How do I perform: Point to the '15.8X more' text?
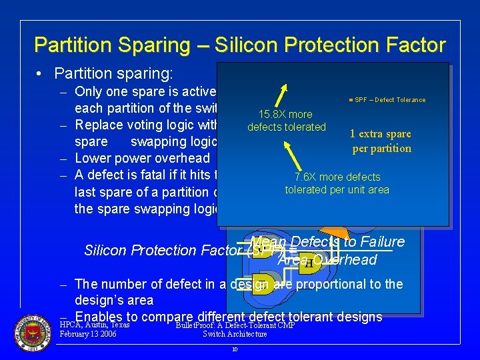pos(286,115)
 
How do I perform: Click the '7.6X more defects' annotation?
pos(337,177)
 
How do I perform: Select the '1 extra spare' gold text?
pos(381,133)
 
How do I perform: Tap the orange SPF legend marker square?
pos(351,100)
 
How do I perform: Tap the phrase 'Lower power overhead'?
pos(142,158)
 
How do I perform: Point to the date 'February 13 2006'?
pos(88,334)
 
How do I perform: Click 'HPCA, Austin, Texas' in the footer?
pos(94,325)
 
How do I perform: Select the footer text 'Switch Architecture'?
pos(235,334)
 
